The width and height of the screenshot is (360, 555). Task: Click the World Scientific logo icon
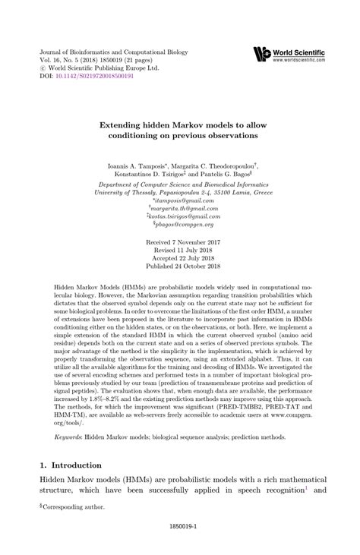coord(262,53)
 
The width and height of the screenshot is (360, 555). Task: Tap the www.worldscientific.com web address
coord(299,58)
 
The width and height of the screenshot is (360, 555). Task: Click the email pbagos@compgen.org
coord(180,224)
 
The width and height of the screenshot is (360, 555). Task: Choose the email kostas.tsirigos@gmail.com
coord(180,216)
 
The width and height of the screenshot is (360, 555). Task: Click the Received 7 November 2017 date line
coord(180,241)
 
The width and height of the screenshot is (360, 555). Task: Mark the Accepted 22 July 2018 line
coord(180,258)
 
